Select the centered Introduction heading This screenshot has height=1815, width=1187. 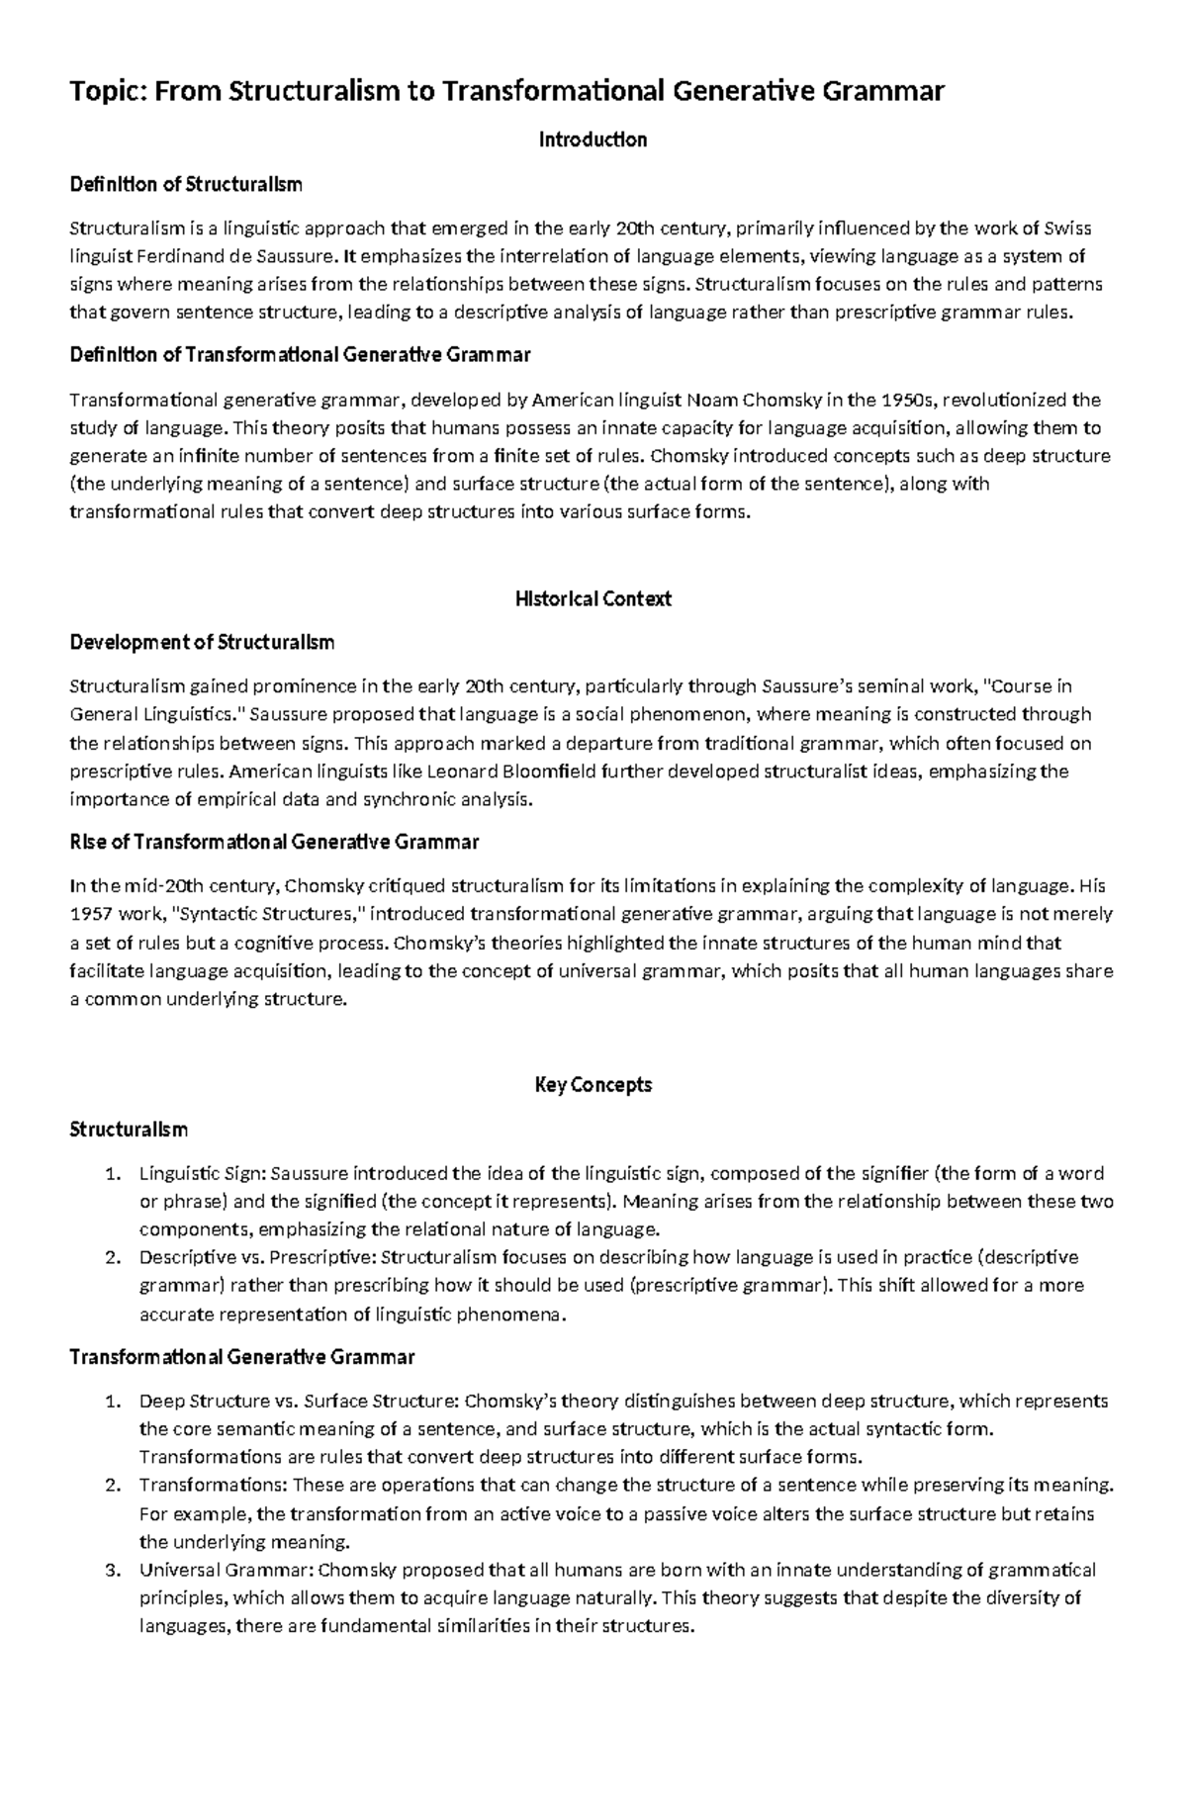click(x=593, y=139)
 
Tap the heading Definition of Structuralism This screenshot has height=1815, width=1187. click(x=186, y=184)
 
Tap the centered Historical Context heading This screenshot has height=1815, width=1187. click(x=593, y=598)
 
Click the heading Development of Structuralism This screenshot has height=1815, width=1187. click(x=202, y=643)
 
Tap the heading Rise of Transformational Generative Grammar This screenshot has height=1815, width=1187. click(x=274, y=842)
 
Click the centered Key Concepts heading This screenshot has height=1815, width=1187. click(x=593, y=1085)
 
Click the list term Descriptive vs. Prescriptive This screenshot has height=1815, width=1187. click(x=255, y=1258)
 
